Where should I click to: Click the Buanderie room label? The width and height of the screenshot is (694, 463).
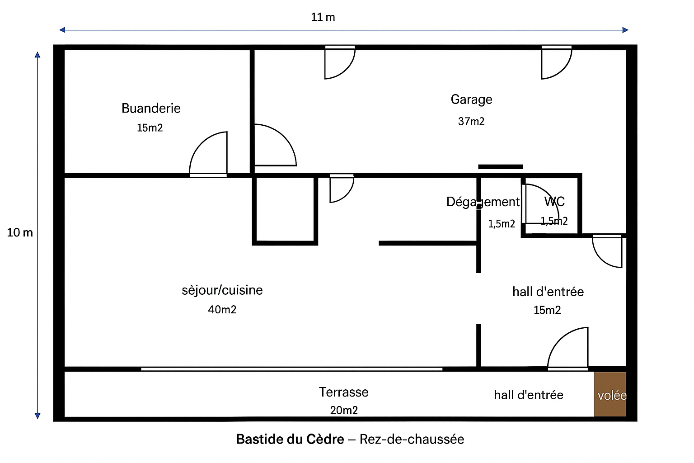(x=151, y=109)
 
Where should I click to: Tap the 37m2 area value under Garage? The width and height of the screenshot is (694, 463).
(x=471, y=121)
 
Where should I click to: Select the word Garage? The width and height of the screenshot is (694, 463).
(x=471, y=99)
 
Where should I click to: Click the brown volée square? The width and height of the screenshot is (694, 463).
(x=610, y=394)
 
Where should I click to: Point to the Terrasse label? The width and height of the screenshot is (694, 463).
(x=343, y=392)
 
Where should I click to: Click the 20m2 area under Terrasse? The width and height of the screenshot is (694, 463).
(x=344, y=410)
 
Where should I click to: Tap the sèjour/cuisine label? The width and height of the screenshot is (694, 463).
(x=222, y=290)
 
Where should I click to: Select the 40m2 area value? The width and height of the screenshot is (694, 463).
(x=222, y=310)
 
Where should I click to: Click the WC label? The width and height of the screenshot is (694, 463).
(x=554, y=202)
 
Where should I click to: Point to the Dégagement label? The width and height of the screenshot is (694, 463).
(x=483, y=202)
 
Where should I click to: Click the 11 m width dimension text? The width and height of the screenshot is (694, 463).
(x=323, y=18)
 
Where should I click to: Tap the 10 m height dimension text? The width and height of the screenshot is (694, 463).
(x=20, y=233)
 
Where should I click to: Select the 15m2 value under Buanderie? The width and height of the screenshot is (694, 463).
(x=150, y=128)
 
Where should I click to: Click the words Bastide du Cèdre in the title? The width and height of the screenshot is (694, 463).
(x=290, y=439)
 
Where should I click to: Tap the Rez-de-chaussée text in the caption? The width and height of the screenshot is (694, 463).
(x=412, y=439)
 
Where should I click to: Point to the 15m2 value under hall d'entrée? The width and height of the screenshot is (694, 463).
(x=547, y=310)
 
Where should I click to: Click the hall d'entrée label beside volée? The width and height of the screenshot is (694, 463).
(x=528, y=395)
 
